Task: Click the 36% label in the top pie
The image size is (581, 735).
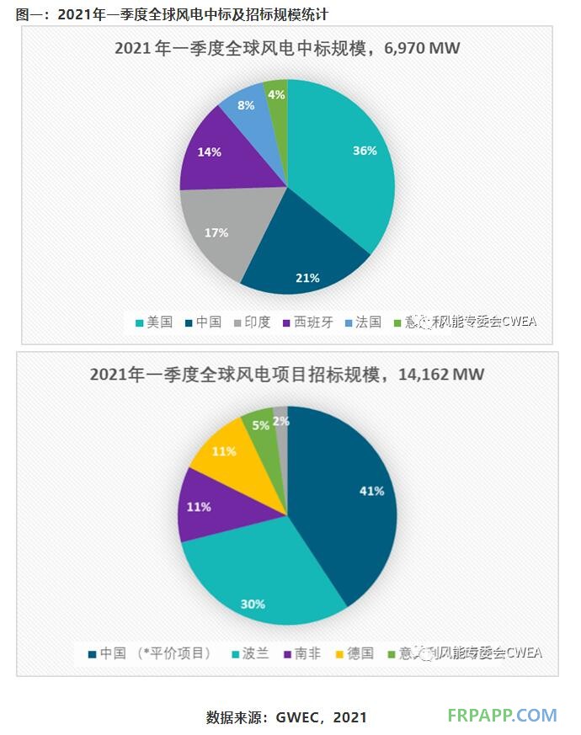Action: tap(365, 151)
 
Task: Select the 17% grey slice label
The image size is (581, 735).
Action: tap(216, 232)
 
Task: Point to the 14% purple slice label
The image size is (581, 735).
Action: tap(210, 152)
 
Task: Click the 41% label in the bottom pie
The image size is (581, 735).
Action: tap(372, 490)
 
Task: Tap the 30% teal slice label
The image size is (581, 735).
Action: tap(253, 604)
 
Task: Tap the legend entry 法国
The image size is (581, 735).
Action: tap(368, 322)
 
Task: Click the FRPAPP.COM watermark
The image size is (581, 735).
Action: tap(503, 716)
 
